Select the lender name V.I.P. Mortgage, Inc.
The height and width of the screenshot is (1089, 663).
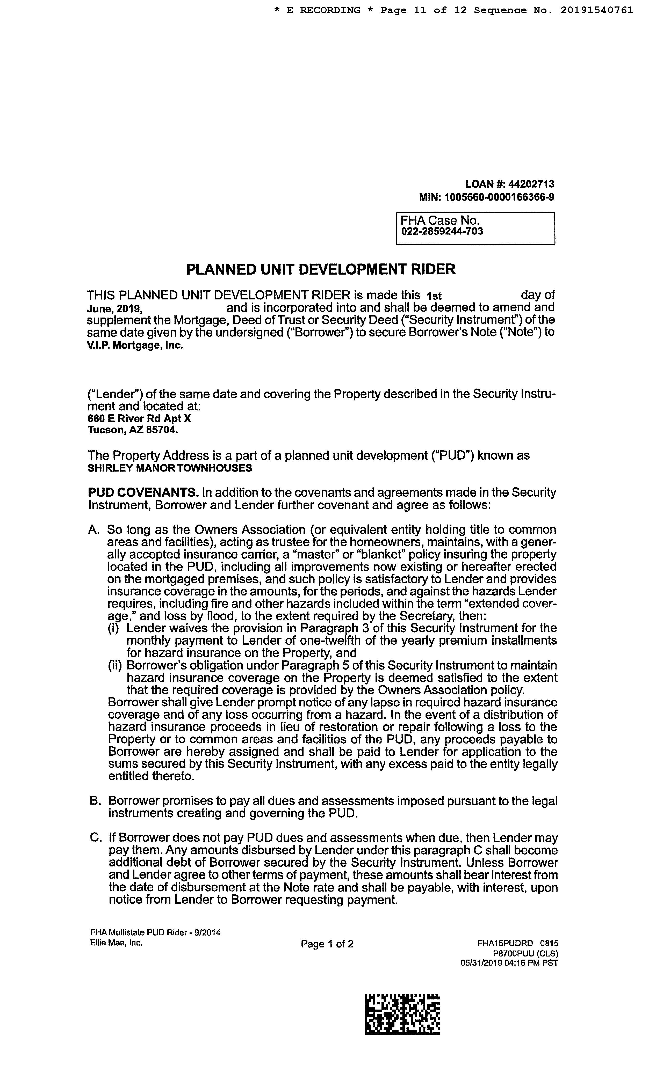[x=135, y=345]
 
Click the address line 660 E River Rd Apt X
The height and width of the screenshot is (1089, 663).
[x=139, y=418]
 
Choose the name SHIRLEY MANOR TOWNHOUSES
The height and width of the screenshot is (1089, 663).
[x=170, y=468]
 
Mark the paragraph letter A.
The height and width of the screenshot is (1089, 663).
[x=94, y=530]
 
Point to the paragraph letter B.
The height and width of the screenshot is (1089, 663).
[x=94, y=801]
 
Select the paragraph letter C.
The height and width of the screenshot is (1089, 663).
[x=94, y=838]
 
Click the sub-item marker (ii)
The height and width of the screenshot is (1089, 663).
[x=116, y=666]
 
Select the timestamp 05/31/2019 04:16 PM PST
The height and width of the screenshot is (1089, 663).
[x=509, y=963]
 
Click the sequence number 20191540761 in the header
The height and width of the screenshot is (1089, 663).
[x=597, y=10]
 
